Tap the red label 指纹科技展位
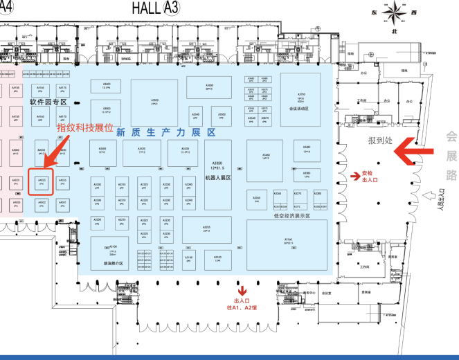click(84, 128)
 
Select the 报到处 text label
click(381, 140)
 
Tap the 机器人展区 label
click(217, 178)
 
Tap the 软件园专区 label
click(47, 102)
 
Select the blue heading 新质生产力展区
click(165, 132)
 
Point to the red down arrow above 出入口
click(243, 290)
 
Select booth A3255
click(206, 229)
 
